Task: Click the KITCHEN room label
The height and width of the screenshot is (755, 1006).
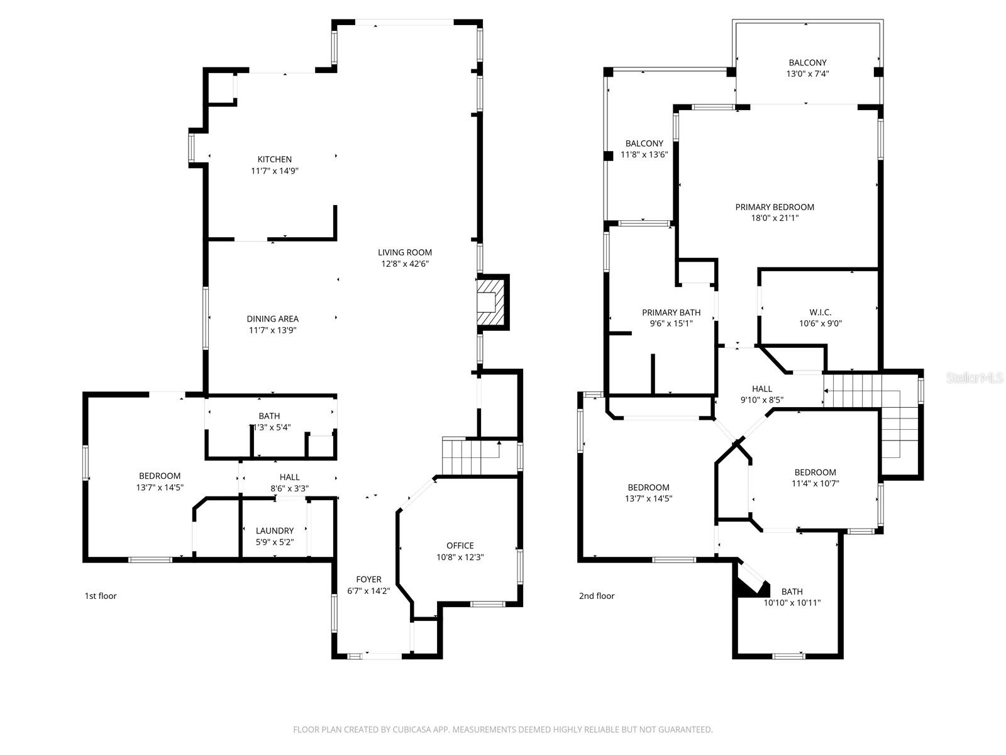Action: (274, 159)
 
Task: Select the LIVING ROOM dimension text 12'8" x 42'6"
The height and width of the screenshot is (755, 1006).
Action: (405, 264)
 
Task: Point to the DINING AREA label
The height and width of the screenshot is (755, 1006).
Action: (272, 319)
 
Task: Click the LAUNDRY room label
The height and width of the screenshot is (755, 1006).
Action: (275, 530)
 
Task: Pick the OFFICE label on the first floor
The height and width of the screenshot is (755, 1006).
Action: (460, 545)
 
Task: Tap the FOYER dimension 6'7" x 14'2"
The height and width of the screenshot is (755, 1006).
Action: (368, 591)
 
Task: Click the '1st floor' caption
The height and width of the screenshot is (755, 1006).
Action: (101, 596)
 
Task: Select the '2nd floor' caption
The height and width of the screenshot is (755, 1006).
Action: (597, 596)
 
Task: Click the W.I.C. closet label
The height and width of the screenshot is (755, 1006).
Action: (820, 312)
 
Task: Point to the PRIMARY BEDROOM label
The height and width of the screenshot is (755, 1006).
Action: (775, 207)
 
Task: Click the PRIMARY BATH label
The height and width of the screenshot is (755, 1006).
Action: (671, 312)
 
